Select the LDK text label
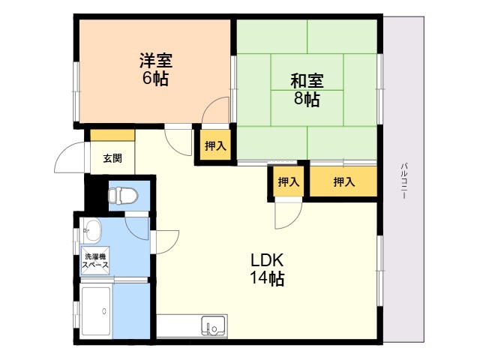266,261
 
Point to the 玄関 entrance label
112,158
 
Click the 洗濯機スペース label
95,260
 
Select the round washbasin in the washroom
92,227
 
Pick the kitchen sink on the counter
212,325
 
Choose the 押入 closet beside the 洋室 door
215,145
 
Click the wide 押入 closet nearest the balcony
343,182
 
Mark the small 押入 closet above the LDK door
288,182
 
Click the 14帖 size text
266,279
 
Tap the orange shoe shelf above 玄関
112,136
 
